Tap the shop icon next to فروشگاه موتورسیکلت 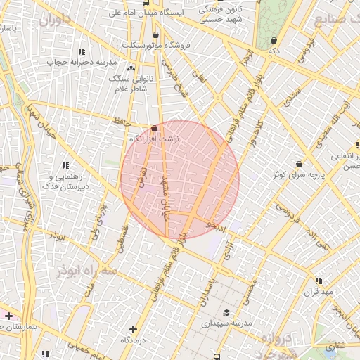click(x=155, y=34)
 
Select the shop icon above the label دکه click(x=273, y=40)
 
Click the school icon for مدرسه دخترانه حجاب click(x=82, y=51)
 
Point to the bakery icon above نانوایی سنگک click(x=131, y=67)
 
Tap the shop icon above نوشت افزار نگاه click(x=155, y=128)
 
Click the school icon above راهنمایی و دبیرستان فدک click(x=67, y=165)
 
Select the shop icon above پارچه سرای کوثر click(x=300, y=164)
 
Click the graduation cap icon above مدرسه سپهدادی click(x=226, y=313)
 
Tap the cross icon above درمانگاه click(x=133, y=328)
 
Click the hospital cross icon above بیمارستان click(x=8, y=316)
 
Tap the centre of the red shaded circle click(x=180, y=179)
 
